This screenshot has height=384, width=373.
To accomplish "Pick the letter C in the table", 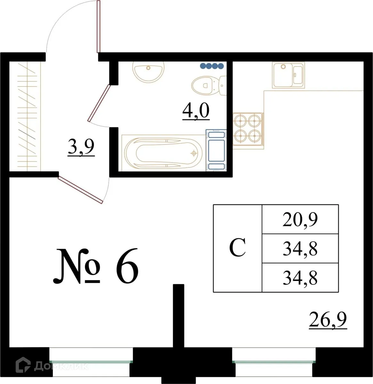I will coord(237,248).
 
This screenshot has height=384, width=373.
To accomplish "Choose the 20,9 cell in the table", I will coord(300,220).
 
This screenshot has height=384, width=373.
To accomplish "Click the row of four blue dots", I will coord(211,66).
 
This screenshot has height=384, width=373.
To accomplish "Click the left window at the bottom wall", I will coord(91,362).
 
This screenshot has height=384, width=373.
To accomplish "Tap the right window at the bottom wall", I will coord(274,362).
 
